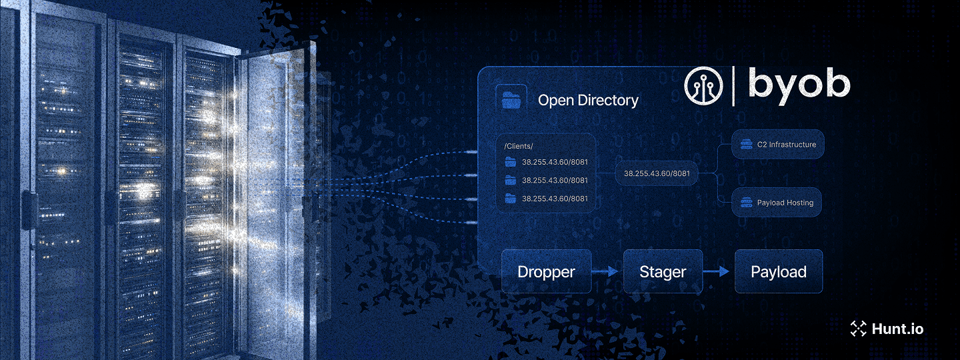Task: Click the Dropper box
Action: point(546,272)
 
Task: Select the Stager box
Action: point(662,272)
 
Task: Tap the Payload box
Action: point(778,272)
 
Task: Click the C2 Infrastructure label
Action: point(786,145)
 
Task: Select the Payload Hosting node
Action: point(777,203)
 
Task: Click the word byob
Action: point(799,85)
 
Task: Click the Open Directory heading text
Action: point(587,101)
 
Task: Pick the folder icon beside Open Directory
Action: point(512,100)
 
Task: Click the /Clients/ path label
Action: point(519,146)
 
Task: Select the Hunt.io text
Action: point(897,329)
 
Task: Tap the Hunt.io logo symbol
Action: point(857,328)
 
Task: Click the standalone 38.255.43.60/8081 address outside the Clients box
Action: point(656,174)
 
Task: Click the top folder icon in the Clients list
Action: point(511,161)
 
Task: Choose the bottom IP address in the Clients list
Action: point(555,199)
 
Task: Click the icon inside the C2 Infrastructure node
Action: point(745,144)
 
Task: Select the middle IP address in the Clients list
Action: point(555,180)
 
